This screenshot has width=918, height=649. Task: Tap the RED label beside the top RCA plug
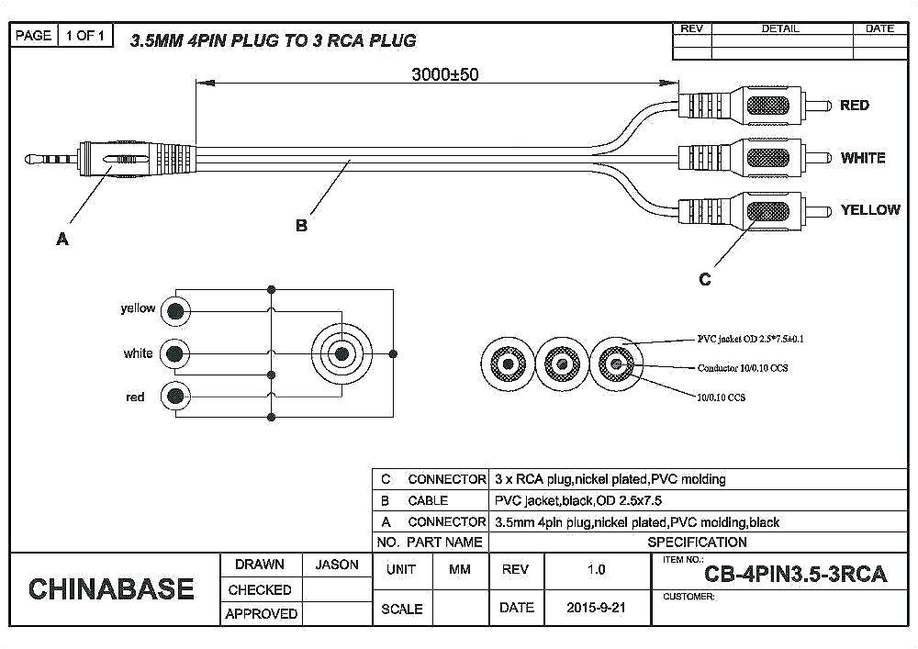[x=854, y=106]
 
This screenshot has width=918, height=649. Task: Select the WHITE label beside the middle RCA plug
[x=862, y=158]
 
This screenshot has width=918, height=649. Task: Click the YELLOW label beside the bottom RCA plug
[x=869, y=210]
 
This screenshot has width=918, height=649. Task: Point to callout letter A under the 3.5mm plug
[x=62, y=239]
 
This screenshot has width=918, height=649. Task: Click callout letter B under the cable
[x=301, y=225]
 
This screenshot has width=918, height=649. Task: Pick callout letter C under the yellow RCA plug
[x=704, y=279]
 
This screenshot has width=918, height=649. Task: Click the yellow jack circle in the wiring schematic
[x=174, y=311]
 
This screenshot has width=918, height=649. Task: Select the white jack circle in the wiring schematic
[x=174, y=353]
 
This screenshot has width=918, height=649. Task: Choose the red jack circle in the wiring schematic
[x=174, y=397]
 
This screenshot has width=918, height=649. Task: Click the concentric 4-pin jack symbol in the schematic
[x=341, y=353]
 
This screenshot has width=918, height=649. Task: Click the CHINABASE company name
[x=111, y=588]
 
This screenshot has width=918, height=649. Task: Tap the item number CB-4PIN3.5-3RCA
[x=795, y=575]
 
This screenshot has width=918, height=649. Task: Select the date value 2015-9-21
[x=596, y=608]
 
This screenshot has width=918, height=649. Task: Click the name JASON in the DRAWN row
[x=337, y=565]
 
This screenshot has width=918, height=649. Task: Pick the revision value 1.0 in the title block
[x=596, y=569]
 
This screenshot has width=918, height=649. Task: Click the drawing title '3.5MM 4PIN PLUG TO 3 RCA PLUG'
[x=273, y=40]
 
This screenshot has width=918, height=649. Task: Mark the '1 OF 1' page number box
[x=86, y=36]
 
